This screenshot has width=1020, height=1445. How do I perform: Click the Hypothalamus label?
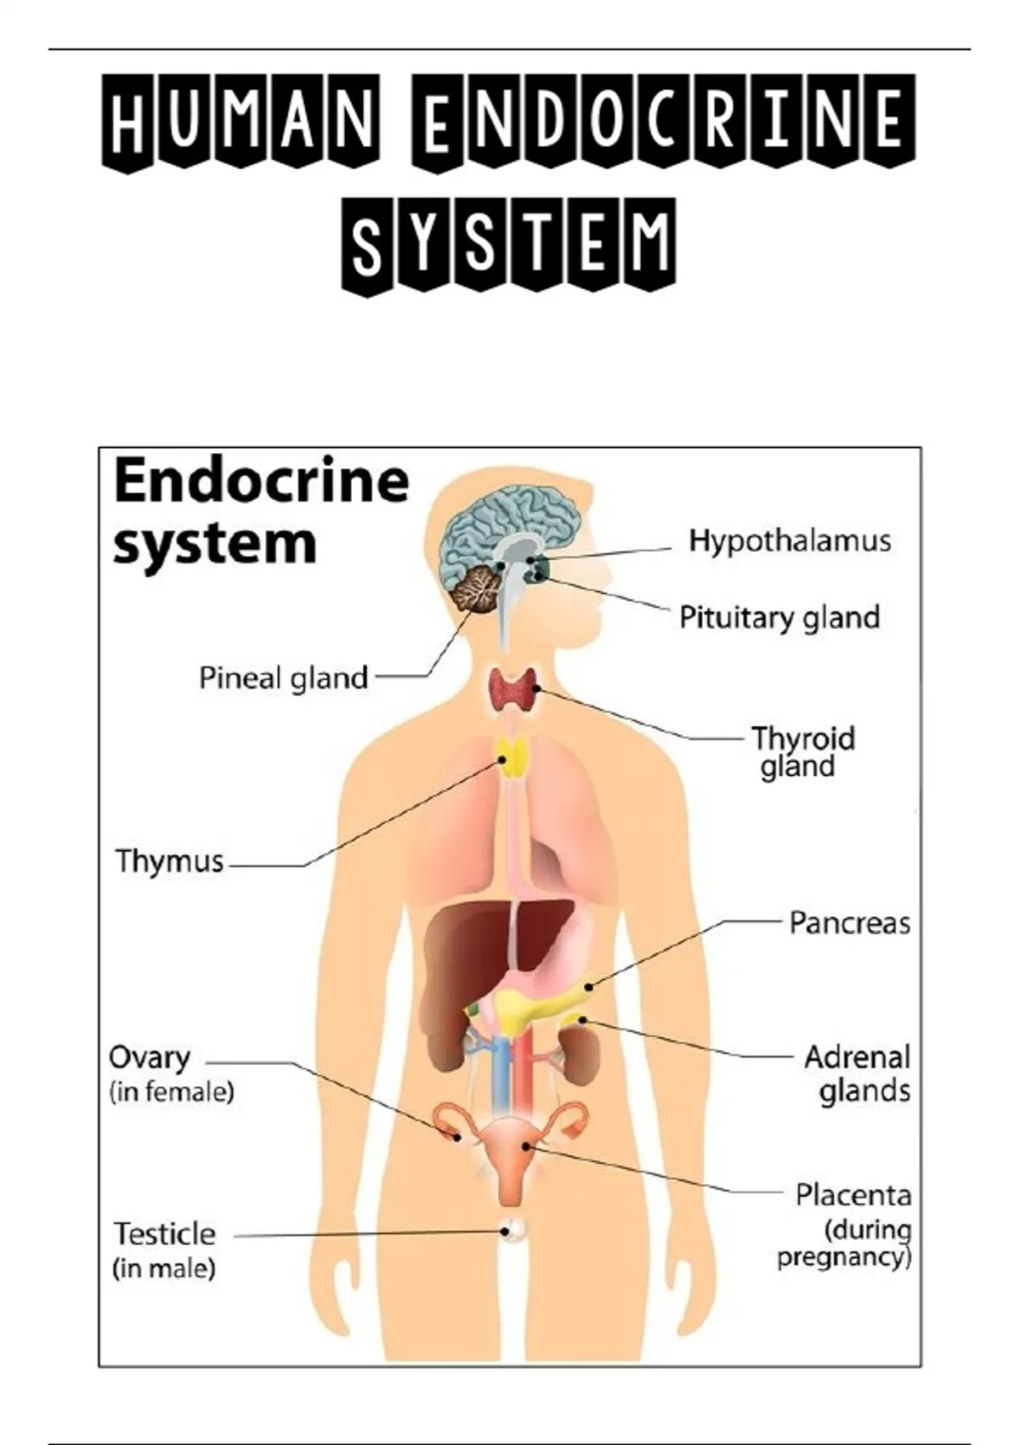click(790, 541)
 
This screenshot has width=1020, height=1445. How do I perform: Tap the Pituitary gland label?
click(779, 617)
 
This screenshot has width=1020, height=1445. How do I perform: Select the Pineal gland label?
click(283, 678)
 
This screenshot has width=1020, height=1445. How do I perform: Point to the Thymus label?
click(170, 861)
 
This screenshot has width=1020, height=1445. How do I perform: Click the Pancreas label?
click(849, 923)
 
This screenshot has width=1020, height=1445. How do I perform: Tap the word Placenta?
click(853, 1195)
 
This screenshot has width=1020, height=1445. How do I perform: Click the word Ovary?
click(150, 1059)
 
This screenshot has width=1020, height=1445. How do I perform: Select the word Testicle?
click(165, 1233)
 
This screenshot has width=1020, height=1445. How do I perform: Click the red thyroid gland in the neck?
click(512, 690)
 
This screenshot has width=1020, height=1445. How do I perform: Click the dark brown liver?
click(476, 952)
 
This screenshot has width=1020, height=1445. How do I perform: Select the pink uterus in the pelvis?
click(509, 1156)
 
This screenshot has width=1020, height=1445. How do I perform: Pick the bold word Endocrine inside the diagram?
click(261, 481)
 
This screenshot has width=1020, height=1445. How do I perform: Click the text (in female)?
click(172, 1091)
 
